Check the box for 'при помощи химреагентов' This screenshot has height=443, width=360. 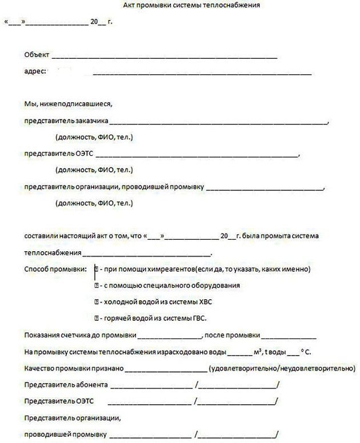(x=97, y=268)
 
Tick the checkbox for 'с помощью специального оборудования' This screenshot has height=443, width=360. (x=97, y=285)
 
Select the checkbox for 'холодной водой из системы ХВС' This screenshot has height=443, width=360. (x=97, y=301)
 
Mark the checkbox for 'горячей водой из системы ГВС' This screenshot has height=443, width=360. (x=97, y=317)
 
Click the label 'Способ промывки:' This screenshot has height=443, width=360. (x=55, y=268)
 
